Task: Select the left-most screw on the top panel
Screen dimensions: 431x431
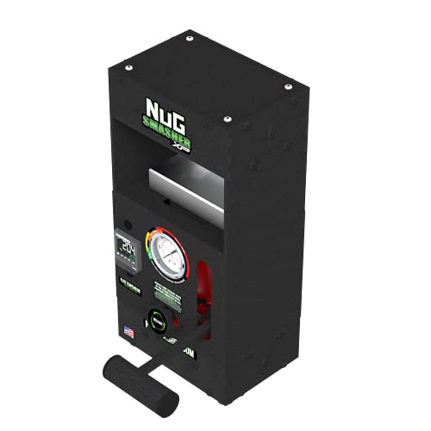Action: (x=128, y=66)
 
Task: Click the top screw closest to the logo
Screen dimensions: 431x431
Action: (x=226, y=119)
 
